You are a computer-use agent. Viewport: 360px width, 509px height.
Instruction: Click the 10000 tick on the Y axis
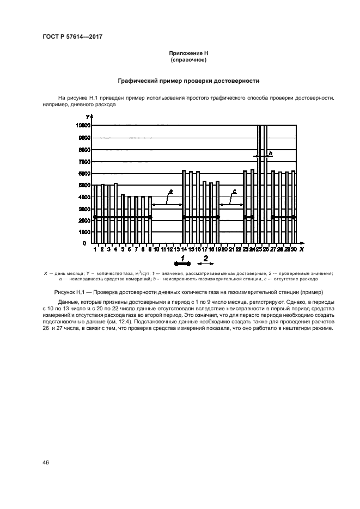83,125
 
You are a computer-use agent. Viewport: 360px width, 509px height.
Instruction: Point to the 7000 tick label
84,162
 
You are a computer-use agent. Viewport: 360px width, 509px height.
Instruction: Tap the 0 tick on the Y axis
88,243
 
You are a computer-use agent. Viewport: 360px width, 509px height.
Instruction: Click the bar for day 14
184,207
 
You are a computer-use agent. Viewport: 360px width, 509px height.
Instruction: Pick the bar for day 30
294,207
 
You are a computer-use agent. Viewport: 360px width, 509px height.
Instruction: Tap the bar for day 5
123,218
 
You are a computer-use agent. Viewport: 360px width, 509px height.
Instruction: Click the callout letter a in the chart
170,191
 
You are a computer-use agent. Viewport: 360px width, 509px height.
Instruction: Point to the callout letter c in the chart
234,191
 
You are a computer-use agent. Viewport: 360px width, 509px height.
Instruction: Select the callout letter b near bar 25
270,154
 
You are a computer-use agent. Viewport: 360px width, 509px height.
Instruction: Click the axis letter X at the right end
301,249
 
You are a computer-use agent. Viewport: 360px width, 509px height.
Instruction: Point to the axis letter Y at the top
87,116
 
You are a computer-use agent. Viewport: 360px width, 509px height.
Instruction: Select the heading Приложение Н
187,53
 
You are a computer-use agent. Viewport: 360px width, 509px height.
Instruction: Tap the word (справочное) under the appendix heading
187,60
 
